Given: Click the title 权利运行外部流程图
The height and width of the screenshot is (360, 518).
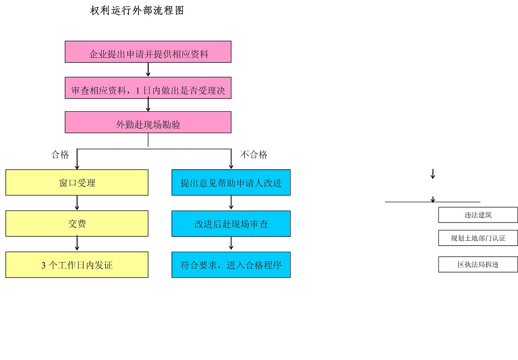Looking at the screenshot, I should point(137,10).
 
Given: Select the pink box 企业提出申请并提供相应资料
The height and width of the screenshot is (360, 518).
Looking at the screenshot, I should point(148,52).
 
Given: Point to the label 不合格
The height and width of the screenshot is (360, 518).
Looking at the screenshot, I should point(254,155).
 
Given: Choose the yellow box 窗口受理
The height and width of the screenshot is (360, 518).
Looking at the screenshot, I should point(77,182).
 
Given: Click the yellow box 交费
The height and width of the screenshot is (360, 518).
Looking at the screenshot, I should point(77,224).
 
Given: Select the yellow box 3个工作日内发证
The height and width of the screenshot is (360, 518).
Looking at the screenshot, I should point(77,265).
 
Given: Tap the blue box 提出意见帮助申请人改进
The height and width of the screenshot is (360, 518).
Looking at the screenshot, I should point(231,182).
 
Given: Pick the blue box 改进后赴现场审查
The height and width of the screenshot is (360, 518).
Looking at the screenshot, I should point(231,224).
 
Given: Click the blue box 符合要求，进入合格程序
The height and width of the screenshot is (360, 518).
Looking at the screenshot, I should point(231,265).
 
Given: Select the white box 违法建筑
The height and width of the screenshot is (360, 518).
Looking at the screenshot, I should point(478,215).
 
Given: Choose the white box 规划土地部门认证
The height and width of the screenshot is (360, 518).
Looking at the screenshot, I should point(478,238).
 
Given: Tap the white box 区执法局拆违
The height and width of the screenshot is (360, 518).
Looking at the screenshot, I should point(478,264).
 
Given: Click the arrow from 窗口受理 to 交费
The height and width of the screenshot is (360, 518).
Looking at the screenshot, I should point(77,203).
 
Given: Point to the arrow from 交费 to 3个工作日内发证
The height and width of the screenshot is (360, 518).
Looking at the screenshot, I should point(77,244).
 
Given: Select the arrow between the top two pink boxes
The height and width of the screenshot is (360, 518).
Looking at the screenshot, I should point(148,70).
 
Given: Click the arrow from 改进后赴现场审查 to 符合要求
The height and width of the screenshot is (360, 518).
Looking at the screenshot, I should point(231,244).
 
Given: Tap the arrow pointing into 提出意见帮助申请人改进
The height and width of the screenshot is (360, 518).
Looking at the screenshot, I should point(231,161).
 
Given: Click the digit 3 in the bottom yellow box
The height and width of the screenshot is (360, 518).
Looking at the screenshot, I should point(43,265).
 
